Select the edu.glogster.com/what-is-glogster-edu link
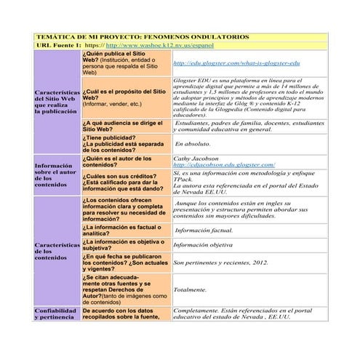(x=236, y=64)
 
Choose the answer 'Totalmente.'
(x=191, y=289)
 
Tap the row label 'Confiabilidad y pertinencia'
(x=55, y=314)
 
